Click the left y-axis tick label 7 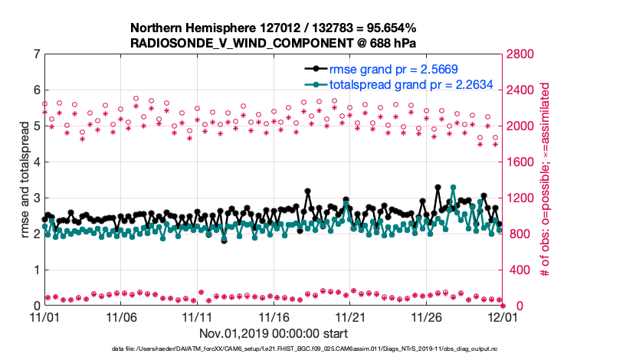click(x=37, y=54)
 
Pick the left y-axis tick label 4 click(x=37, y=162)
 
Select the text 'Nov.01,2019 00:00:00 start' click(x=274, y=333)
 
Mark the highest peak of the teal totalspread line click(x=454, y=188)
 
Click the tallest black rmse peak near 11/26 click(x=438, y=187)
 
